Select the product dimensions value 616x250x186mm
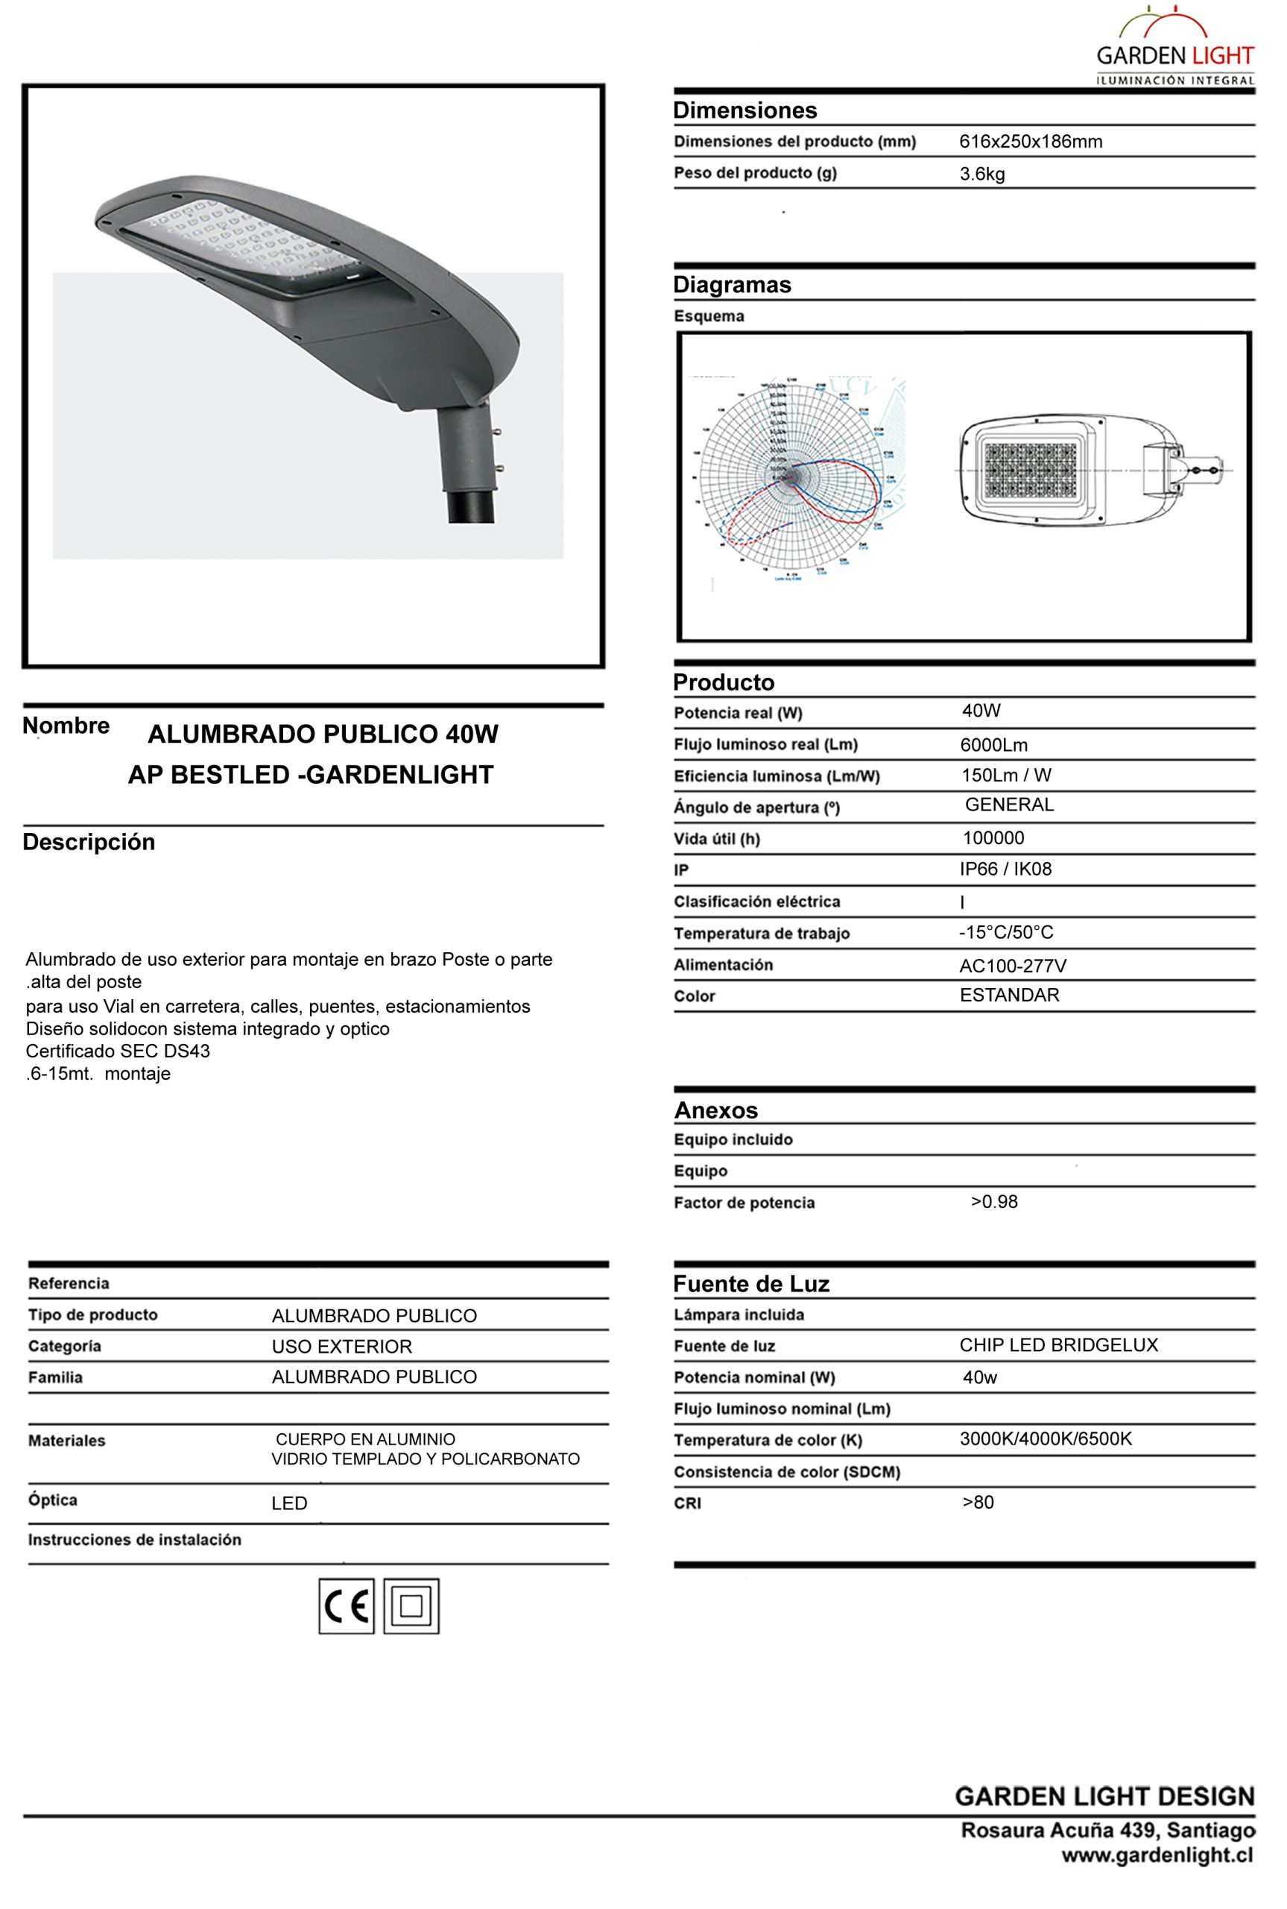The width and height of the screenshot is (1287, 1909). click(1030, 141)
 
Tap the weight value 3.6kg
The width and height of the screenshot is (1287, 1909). click(981, 174)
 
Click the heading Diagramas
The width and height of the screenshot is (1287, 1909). click(731, 285)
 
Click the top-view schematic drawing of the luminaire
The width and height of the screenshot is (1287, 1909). click(1094, 469)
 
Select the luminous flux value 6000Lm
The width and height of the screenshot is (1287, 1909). click(993, 745)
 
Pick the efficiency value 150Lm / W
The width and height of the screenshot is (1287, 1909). click(1005, 775)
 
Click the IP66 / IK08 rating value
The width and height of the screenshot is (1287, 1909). click(1005, 869)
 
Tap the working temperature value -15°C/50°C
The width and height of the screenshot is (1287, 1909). click(1005, 932)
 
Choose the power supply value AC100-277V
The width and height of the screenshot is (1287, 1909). click(1012, 966)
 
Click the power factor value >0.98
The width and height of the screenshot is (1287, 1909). click(993, 1201)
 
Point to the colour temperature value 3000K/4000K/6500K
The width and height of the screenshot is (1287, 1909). click(1045, 1438)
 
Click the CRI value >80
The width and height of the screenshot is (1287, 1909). click(978, 1502)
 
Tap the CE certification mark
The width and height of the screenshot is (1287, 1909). click(347, 1606)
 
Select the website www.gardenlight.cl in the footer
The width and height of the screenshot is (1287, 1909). click(1157, 1855)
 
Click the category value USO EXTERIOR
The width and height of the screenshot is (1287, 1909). click(341, 1347)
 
